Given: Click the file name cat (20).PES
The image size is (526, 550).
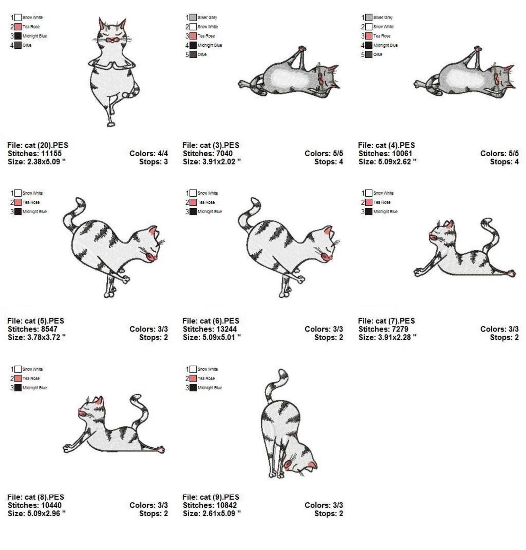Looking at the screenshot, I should [x=37, y=145].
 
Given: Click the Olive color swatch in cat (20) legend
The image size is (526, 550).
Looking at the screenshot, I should [x=18, y=45].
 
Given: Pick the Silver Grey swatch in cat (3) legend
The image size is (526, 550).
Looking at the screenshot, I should [x=193, y=17].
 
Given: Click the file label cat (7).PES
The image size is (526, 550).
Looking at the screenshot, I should [x=386, y=321].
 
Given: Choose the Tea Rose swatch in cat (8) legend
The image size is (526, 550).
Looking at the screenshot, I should [x=18, y=378].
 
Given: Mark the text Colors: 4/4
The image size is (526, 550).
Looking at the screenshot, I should [x=148, y=153].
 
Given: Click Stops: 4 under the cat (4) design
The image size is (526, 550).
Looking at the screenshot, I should [x=504, y=162].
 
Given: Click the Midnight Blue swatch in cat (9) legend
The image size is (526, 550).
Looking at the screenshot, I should [x=193, y=387].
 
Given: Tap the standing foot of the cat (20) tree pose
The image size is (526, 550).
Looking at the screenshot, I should [x=111, y=124].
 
